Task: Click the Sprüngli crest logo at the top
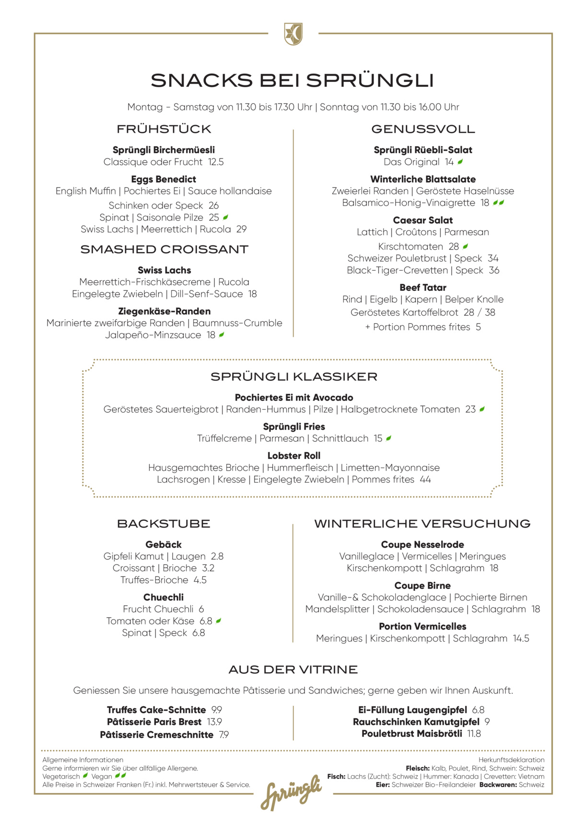click(x=293, y=34)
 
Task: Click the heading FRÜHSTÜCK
click(x=164, y=129)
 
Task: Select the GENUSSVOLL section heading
click(x=423, y=129)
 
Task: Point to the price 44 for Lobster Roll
click(x=425, y=480)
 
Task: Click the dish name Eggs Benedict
click(x=164, y=179)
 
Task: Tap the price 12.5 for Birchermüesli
click(x=216, y=162)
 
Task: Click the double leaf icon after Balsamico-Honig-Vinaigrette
click(x=499, y=203)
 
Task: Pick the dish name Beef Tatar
click(x=423, y=287)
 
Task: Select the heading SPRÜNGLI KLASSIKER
click(x=294, y=377)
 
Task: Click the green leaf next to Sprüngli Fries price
click(x=388, y=438)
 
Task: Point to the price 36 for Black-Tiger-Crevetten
click(x=494, y=270)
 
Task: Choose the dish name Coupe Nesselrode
click(x=422, y=544)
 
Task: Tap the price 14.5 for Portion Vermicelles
click(x=521, y=638)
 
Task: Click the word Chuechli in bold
click(x=164, y=597)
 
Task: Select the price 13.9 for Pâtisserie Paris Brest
click(x=214, y=722)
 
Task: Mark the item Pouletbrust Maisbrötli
click(x=412, y=734)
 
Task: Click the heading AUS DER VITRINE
click(x=293, y=669)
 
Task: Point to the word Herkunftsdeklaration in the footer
click(x=511, y=759)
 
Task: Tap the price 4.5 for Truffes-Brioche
click(x=200, y=580)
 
